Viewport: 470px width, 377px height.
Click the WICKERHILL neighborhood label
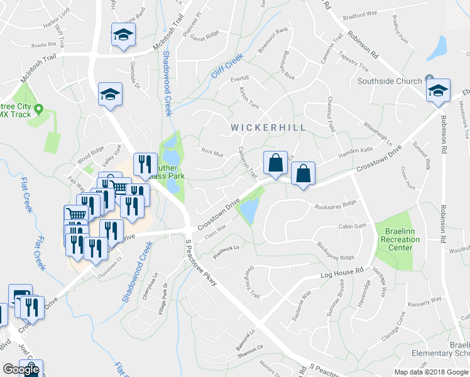pyautogui.click(x=268, y=128)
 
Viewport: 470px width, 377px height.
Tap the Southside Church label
pyautogui.click(x=390, y=80)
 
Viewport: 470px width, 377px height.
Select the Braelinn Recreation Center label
pyautogui.click(x=397, y=240)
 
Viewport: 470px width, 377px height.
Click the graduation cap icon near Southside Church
pyautogui.click(x=437, y=92)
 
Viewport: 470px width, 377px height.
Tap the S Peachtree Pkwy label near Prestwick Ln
pyautogui.click(x=202, y=265)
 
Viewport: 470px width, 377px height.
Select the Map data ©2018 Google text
pyautogui.click(x=432, y=372)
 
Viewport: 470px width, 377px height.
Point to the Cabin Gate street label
pyautogui.click(x=352, y=226)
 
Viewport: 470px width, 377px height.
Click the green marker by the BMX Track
pyautogui.click(x=38, y=109)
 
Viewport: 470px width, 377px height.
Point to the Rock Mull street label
pyautogui.click(x=212, y=151)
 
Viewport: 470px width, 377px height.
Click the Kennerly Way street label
pyautogui.click(x=425, y=303)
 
